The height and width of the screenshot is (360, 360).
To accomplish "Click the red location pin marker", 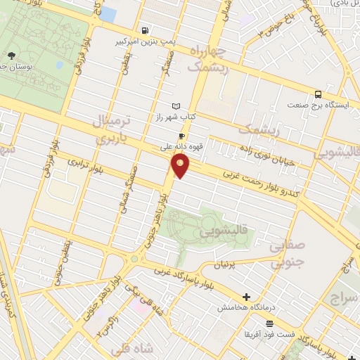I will point(181,166).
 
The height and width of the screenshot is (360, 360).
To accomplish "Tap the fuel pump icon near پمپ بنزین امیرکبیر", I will point(145,31).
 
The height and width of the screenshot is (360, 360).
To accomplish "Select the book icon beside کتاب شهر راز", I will point(165,105).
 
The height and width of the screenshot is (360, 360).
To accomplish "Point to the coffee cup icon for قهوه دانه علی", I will point(181,136).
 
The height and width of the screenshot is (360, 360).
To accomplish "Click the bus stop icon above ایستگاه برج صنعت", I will point(319,94).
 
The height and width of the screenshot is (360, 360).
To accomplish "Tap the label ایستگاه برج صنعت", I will point(317,105).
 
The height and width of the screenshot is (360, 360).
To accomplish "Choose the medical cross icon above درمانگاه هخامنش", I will point(245,297).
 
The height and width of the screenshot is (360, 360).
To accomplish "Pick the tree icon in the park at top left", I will point(11,55).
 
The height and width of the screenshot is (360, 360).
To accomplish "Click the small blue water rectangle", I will point(108,13).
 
